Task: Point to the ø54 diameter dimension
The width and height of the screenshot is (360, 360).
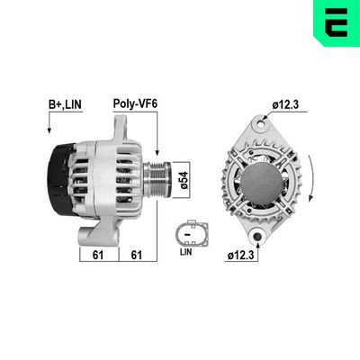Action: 184,179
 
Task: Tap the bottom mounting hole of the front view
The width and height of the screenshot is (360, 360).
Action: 258,238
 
